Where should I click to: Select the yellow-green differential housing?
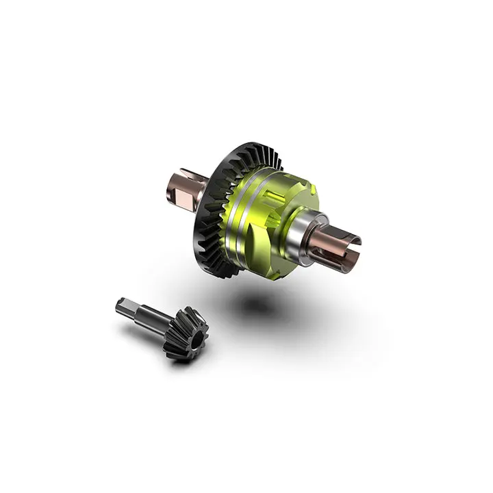point(274,212)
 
